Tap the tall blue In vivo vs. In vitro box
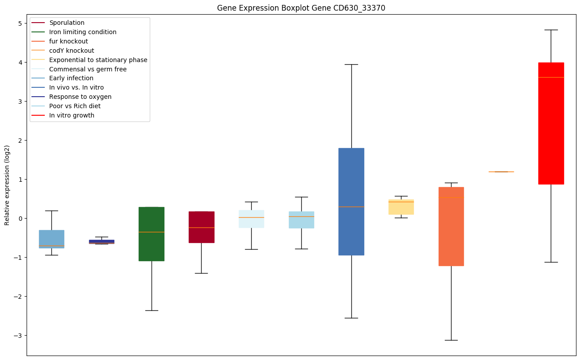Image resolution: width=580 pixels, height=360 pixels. point(351,201)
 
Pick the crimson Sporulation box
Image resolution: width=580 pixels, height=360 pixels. point(201,227)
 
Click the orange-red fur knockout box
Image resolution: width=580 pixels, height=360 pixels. point(451,226)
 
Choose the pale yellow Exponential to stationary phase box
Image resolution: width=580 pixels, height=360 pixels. point(401,207)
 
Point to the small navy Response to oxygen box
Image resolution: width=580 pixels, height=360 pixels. point(101,242)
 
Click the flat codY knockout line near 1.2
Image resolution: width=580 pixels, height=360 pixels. point(501,172)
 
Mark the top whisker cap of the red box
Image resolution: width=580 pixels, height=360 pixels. point(551,30)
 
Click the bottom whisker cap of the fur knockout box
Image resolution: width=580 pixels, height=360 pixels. point(451,340)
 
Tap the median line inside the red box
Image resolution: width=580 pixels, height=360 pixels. point(551,77)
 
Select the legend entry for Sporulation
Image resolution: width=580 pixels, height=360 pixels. point(67,23)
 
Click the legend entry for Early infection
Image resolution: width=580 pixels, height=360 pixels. point(71,78)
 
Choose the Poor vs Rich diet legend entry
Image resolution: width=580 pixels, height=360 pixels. point(75,106)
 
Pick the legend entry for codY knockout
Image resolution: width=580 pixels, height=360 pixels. point(72,51)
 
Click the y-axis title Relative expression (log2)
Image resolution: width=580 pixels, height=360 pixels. point(7,185)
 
